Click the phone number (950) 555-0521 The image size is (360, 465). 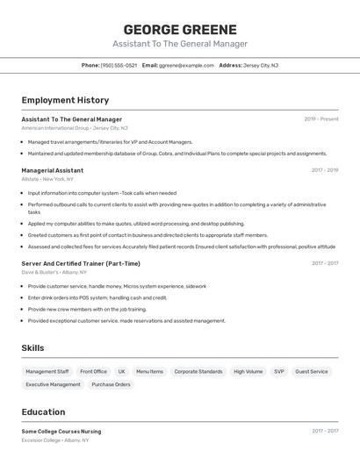click(x=119, y=65)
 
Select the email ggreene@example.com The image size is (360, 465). click(x=186, y=65)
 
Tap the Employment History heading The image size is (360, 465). click(x=65, y=100)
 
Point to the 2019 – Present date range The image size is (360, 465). click(x=320, y=118)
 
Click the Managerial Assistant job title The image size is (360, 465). click(x=53, y=170)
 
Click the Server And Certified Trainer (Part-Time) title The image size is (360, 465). click(x=81, y=263)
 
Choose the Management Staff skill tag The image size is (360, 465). click(x=47, y=371)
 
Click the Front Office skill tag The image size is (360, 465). click(x=93, y=371)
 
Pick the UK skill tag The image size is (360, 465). click(x=121, y=371)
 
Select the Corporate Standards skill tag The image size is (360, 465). click(x=198, y=371)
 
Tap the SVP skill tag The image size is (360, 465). click(x=278, y=371)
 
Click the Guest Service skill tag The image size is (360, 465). click(x=312, y=371)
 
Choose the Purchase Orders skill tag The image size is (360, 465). click(x=111, y=384)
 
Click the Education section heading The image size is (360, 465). click(x=43, y=411)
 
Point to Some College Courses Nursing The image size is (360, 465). click(x=61, y=431)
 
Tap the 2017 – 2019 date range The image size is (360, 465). click(x=324, y=170)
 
